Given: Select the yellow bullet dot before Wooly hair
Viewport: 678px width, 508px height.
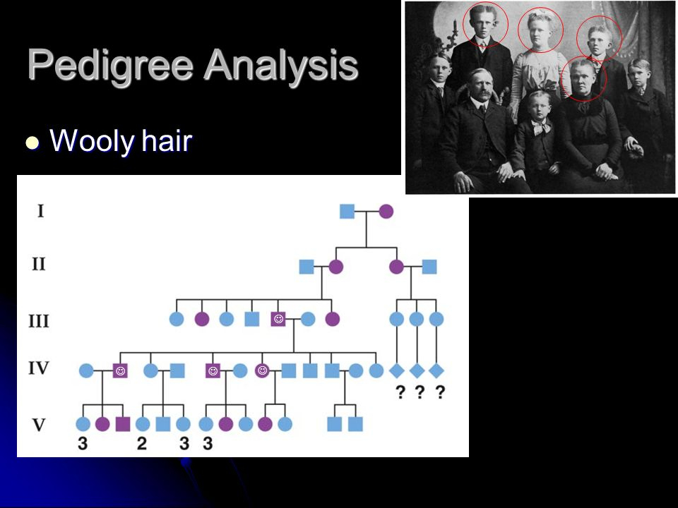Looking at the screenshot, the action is tap(32, 143).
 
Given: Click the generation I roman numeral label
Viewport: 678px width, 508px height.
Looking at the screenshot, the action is tap(41, 211).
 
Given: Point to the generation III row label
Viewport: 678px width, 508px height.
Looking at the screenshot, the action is tap(39, 321).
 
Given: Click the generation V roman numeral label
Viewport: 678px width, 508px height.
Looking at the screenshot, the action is tap(39, 425).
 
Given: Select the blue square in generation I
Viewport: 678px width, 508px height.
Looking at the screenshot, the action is tap(347, 211).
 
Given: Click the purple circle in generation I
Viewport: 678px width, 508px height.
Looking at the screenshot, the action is tap(386, 211).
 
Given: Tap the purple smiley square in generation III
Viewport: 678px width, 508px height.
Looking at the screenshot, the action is tap(278, 319).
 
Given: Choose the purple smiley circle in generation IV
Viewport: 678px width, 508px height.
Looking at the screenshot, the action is tap(262, 370).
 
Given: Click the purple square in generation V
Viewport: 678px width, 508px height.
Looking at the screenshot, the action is tap(123, 424).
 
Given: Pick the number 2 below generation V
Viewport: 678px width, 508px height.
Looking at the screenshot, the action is tap(142, 443).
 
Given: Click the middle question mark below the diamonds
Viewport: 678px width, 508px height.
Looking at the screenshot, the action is tap(419, 392).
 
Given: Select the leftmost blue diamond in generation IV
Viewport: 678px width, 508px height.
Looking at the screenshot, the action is tap(396, 370).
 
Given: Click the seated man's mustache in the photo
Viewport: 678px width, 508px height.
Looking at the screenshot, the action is tap(482, 93).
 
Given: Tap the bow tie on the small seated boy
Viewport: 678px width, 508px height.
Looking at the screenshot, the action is tap(540, 126).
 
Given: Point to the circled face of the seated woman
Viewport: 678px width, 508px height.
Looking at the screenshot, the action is tap(584, 78).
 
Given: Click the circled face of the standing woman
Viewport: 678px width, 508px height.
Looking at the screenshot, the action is tap(540, 30).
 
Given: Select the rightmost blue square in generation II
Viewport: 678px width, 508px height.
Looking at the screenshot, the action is tap(429, 267).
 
